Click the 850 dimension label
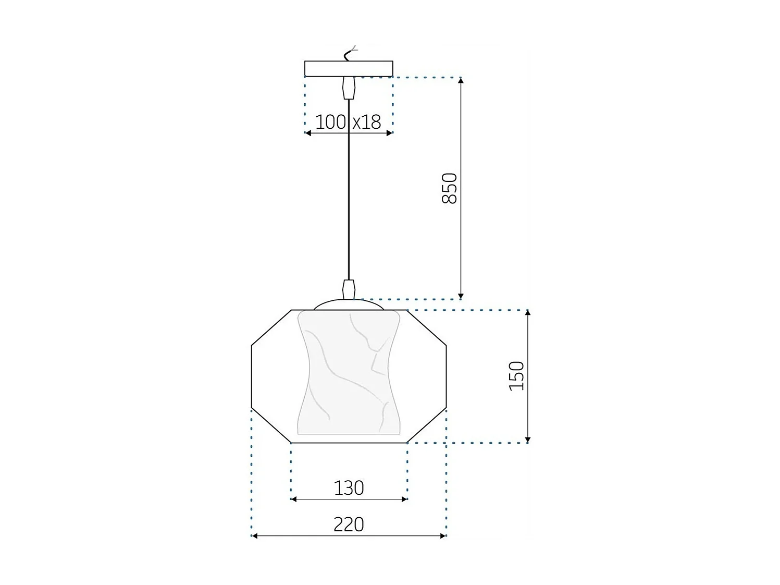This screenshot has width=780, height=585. pos(449,188)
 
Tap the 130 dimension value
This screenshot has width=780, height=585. pos(349,488)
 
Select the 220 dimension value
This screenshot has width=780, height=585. pos(349,524)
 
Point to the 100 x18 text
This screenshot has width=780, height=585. pos(349,122)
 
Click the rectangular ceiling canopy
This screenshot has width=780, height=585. pos(349,69)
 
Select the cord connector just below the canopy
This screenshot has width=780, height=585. pos(349,88)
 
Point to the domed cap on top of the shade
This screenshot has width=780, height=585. pos(349,304)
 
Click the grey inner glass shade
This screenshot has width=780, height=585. pos(349,373)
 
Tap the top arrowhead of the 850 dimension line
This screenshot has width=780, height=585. pos(461,80)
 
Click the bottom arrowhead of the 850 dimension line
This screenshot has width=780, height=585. pos(461,296)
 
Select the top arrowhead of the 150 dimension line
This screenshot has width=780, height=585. pos(528,313)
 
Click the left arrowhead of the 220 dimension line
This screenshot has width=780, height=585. pos(255,535)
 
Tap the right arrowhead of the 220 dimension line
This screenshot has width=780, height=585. pos(443,535)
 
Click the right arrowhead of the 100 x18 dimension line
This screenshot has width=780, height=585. pos(389,133)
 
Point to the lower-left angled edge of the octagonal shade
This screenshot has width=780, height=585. pos(271,425)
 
